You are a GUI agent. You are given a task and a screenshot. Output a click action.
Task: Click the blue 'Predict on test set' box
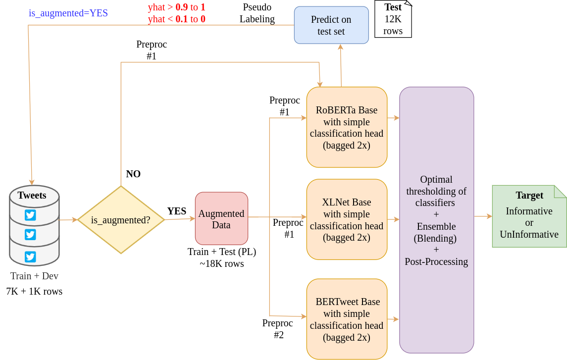pos(331,25)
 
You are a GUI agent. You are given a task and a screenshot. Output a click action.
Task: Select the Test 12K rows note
pos(393,19)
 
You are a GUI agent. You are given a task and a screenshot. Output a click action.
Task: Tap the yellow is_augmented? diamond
pos(121,220)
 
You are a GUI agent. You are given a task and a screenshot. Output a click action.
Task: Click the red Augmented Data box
pos(222,219)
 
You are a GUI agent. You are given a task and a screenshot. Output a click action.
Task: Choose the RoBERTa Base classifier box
pos(347,127)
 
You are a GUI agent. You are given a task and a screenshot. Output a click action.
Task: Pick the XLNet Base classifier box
pos(347,219)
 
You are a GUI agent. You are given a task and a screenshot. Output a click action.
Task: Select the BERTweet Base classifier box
pos(347,319)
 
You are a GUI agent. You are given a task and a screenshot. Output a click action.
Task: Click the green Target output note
pos(529,216)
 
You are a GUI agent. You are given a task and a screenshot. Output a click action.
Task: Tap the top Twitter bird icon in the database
pos(30,215)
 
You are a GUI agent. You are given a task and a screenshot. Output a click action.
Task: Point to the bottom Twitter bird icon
pos(30,257)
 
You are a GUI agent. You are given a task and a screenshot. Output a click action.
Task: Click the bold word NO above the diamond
pos(133,174)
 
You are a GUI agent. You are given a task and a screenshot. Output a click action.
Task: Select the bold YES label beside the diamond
pos(176,211)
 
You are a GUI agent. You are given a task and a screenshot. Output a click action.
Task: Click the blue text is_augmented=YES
pos(68,13)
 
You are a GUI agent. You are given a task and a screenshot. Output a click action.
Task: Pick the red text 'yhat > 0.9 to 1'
pos(176,7)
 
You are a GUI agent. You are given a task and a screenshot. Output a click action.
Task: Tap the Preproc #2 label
pos(278,329)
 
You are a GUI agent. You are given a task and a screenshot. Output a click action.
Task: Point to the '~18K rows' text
pos(222,264)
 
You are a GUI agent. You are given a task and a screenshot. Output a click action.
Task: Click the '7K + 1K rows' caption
pos(34,291)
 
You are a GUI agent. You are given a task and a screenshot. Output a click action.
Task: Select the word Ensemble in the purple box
pos(436,226)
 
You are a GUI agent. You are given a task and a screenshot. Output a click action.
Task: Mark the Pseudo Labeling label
pos(257,13)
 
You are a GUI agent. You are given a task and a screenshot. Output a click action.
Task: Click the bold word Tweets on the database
pos(32,195)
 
